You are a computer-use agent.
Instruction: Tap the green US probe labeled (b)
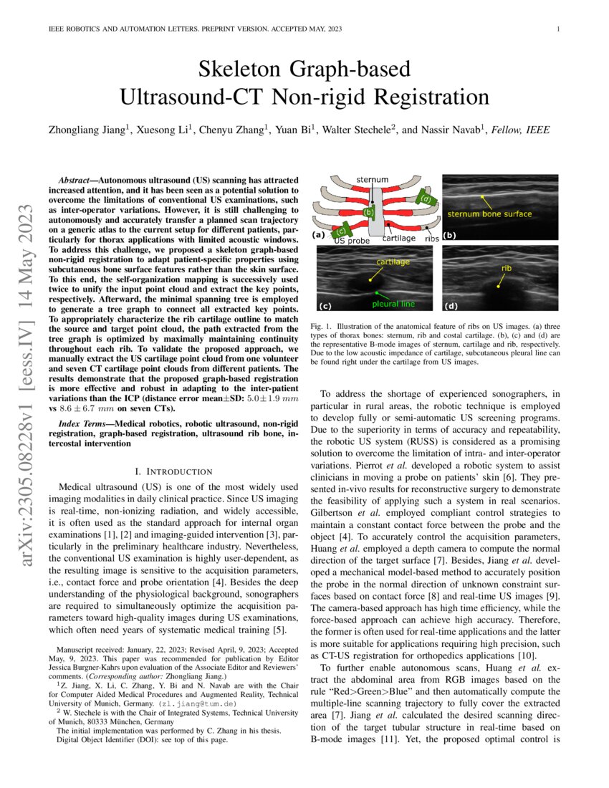click(x=369, y=212)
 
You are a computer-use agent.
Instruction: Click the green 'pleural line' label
click(x=392, y=304)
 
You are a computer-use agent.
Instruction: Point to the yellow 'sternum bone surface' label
click(x=489, y=213)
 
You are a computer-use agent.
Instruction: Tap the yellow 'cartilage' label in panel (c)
click(x=391, y=262)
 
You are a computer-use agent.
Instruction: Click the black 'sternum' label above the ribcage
click(x=372, y=178)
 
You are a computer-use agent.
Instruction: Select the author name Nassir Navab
click(x=454, y=129)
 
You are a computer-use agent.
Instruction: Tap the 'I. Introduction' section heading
click(x=173, y=471)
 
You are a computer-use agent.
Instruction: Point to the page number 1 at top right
click(x=557, y=29)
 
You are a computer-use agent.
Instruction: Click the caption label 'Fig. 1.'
click(x=320, y=327)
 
